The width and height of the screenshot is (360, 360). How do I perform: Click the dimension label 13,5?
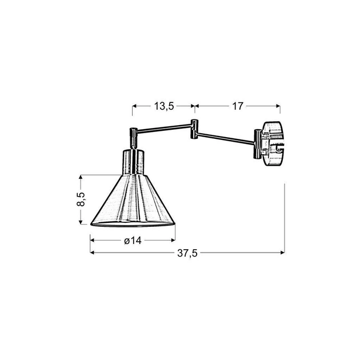coord(163,106)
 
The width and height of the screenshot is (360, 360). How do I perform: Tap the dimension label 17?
coord(237,106)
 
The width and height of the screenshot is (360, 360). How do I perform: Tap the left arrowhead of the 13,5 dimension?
coord(135,106)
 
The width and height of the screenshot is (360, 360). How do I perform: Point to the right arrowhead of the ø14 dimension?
coord(172,240)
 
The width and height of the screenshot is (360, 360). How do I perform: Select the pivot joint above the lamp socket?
coord(134,135)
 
